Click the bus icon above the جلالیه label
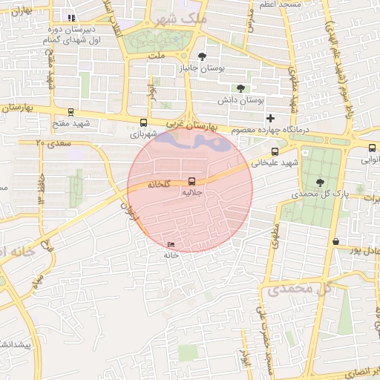pos(192,181)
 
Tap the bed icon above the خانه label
pos(171,244)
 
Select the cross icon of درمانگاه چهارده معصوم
pos(271,118)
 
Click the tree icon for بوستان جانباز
pos(203,56)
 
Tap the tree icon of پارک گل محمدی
pos(320,183)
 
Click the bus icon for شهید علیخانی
pos(275,152)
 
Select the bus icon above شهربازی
pos(143,123)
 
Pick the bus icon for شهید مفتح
pos(71,112)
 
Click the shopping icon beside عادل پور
pos(336,241)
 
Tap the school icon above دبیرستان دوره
pos(71,18)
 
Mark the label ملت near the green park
pos(157,55)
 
